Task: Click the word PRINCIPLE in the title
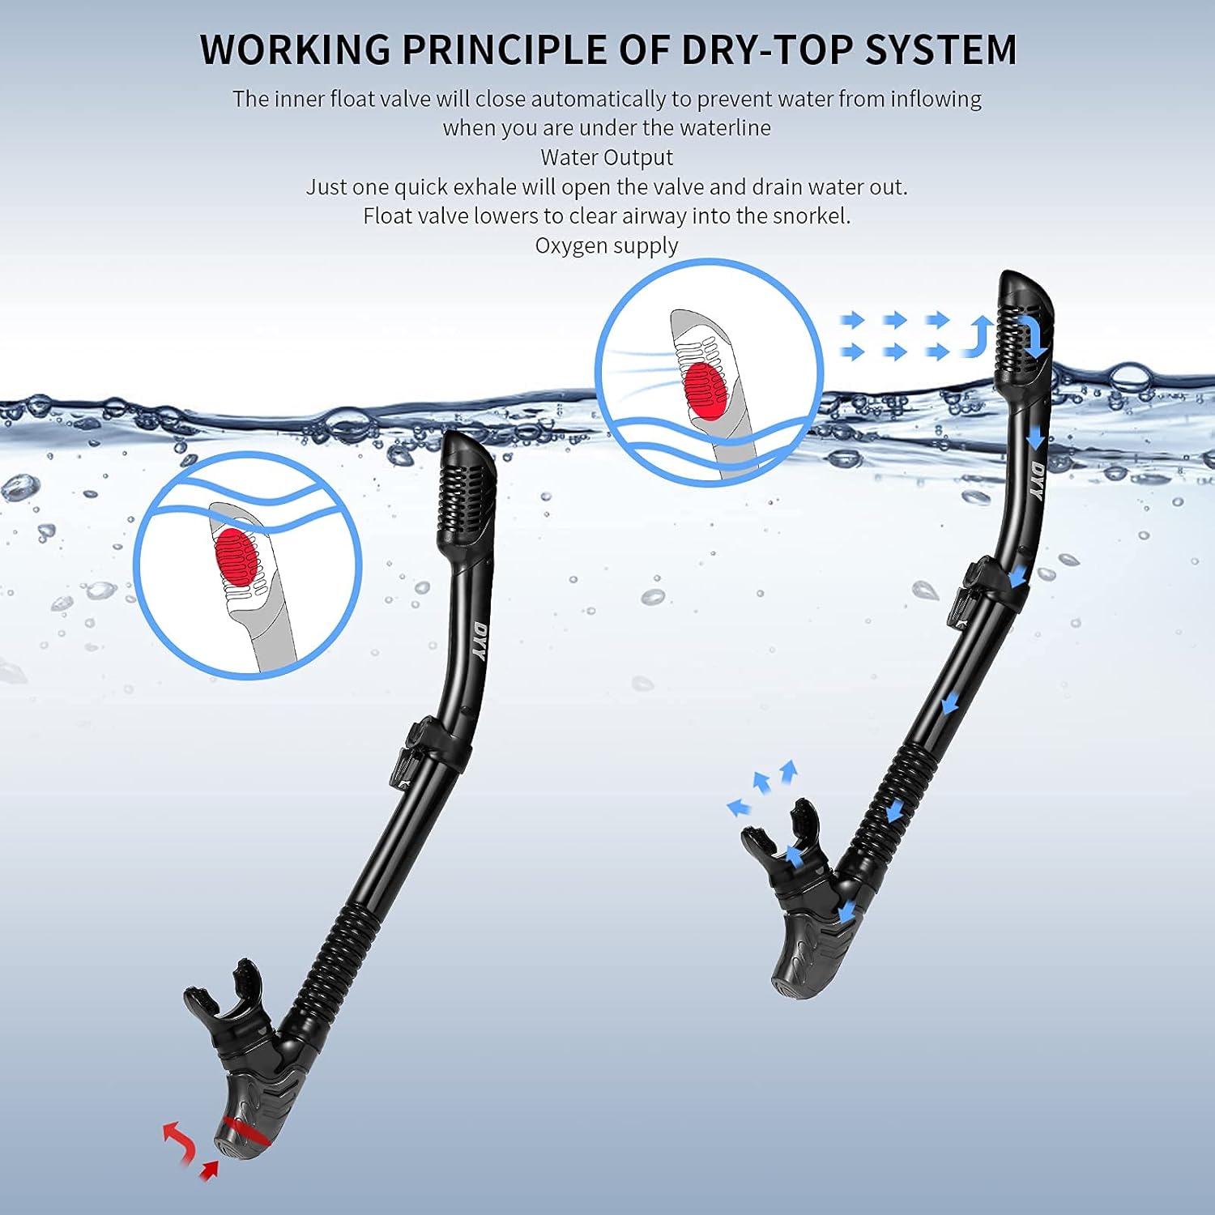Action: (x=508, y=49)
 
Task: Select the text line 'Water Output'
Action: (x=607, y=157)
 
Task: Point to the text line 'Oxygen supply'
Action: (x=607, y=245)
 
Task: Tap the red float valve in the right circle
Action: (x=705, y=390)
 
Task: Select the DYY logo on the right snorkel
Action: (x=1038, y=480)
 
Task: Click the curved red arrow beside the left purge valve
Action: (x=179, y=1141)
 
